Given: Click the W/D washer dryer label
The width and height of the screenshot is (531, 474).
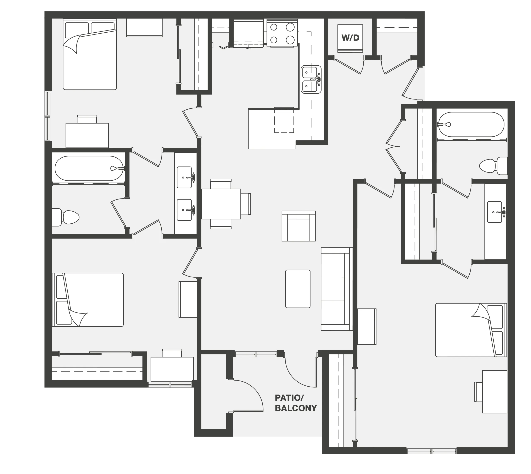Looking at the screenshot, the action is (x=350, y=38).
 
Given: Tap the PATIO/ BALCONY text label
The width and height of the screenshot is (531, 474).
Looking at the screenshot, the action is (x=296, y=403).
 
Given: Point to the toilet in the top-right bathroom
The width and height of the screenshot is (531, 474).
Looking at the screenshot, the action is (x=493, y=166).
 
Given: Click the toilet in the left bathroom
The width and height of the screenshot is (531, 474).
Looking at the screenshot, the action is (x=65, y=217).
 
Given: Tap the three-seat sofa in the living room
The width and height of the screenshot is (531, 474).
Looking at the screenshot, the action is (x=337, y=289).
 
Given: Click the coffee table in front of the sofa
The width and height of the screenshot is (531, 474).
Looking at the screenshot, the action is (x=298, y=289).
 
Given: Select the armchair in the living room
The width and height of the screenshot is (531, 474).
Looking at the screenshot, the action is (x=299, y=226).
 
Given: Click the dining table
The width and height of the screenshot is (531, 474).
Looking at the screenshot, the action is (x=221, y=204).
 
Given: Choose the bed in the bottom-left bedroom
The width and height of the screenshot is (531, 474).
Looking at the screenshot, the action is (x=88, y=300).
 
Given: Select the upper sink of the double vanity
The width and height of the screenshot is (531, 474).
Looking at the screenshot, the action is (x=185, y=177).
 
